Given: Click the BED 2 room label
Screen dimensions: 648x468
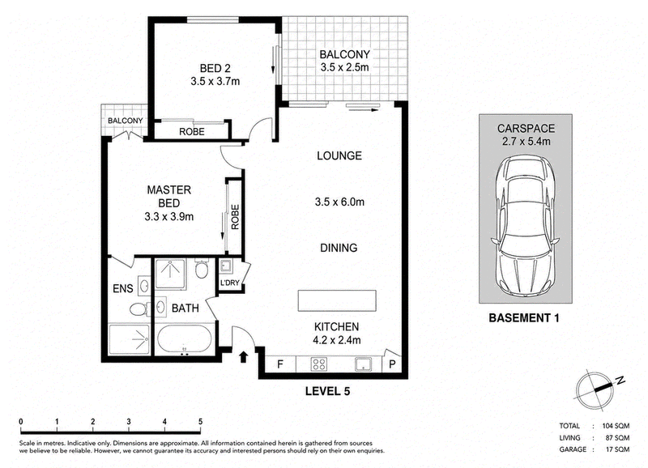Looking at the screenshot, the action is tap(215, 68).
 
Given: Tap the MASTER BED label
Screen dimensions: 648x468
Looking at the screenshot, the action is tap(169, 197).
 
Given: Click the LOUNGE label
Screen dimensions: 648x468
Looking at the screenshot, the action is tap(339, 155).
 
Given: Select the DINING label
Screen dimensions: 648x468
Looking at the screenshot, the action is tap(339, 248).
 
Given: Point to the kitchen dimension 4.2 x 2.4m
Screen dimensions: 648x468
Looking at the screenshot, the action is tap(337, 340).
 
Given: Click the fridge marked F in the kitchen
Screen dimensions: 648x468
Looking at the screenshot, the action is tap(280, 364).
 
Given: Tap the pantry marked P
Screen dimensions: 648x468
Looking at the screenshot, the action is tap(392, 364).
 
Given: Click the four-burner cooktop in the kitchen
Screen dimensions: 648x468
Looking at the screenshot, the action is tap(318, 364).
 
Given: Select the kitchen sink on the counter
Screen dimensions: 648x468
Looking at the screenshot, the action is tap(363, 364).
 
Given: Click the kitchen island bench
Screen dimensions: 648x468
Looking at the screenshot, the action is tap(337, 300).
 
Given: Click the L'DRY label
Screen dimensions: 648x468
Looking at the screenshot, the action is tap(230, 283).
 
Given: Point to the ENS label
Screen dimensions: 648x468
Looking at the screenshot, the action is tap(123, 288).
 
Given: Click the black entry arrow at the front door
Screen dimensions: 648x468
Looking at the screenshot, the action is tap(244, 356).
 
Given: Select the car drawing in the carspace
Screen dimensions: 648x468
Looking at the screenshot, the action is tap(525, 228).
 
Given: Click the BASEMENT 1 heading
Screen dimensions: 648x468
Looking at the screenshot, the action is tap(524, 317).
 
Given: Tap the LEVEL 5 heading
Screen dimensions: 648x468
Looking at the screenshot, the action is tap(328, 391).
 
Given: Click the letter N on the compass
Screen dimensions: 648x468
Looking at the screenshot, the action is tap(620, 381).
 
